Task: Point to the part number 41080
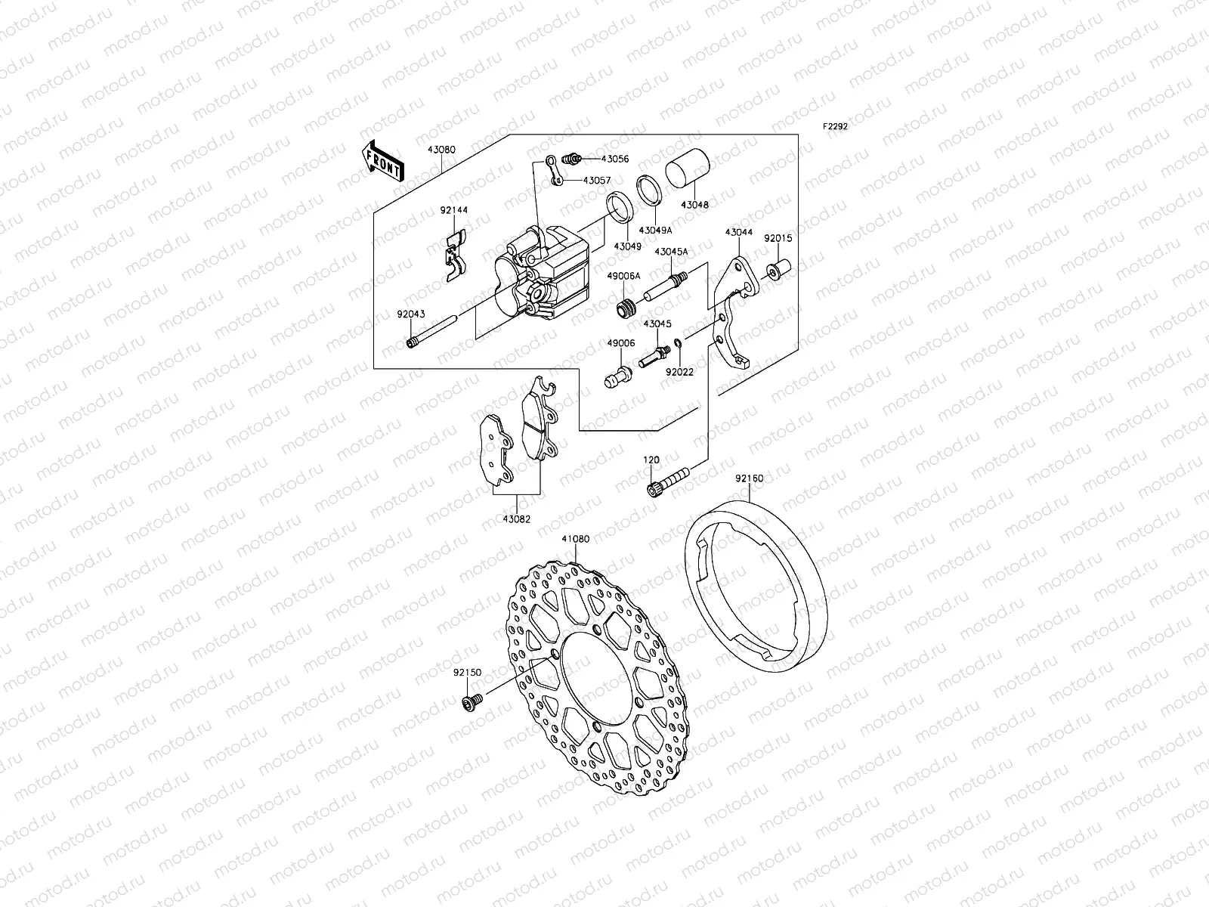575,540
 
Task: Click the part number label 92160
749,478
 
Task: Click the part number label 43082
518,519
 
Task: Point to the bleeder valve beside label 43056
574,159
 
